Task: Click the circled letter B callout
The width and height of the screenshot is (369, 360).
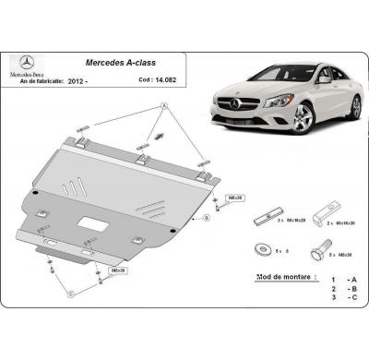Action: pos(207,219)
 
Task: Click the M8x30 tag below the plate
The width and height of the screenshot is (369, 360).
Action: pos(119,270)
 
